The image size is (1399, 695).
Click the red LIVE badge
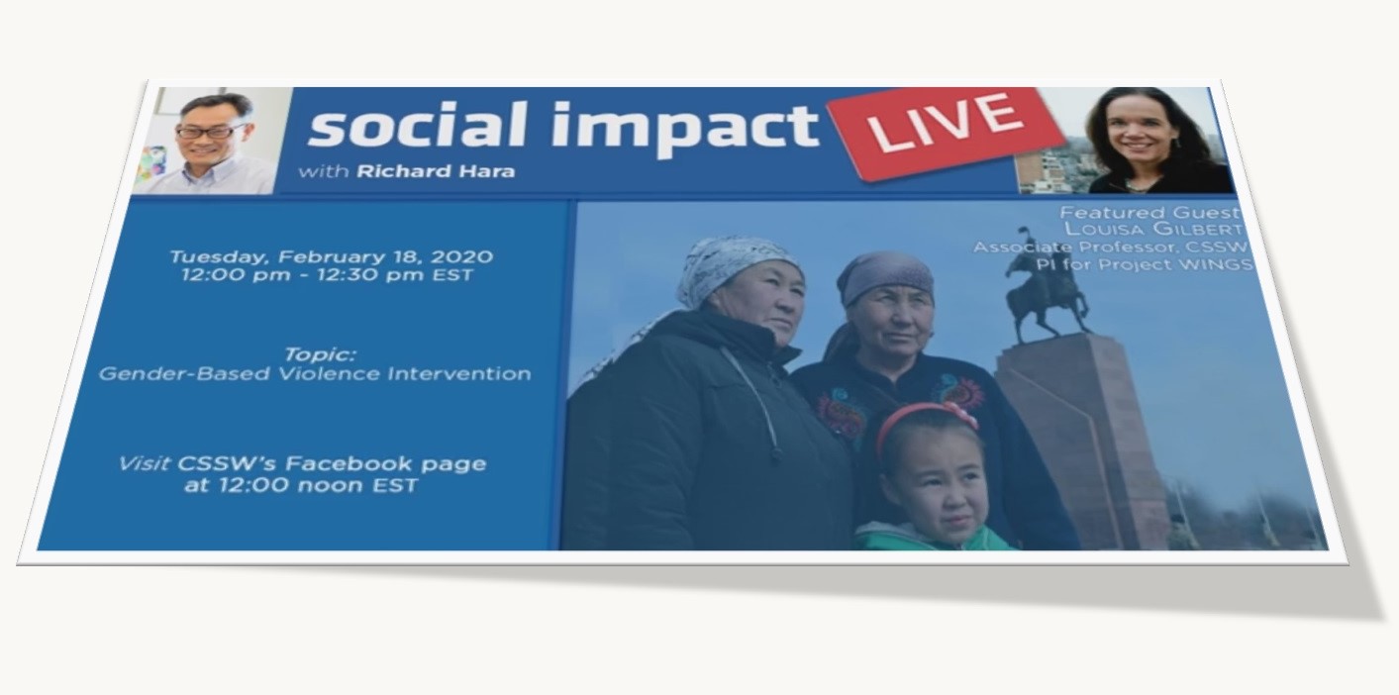pos(947,132)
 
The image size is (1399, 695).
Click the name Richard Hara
pos(436,171)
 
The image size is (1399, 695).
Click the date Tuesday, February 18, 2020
pos(332,256)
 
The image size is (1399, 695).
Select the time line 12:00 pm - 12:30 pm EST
pos(328,275)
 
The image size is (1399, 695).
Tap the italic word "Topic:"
pos(321,354)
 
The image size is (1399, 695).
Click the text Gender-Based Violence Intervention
pos(315,374)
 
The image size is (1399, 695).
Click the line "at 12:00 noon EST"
pos(301,485)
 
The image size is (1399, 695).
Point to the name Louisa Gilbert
pos(1153,229)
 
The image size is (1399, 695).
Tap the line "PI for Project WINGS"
pos(1145,264)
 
